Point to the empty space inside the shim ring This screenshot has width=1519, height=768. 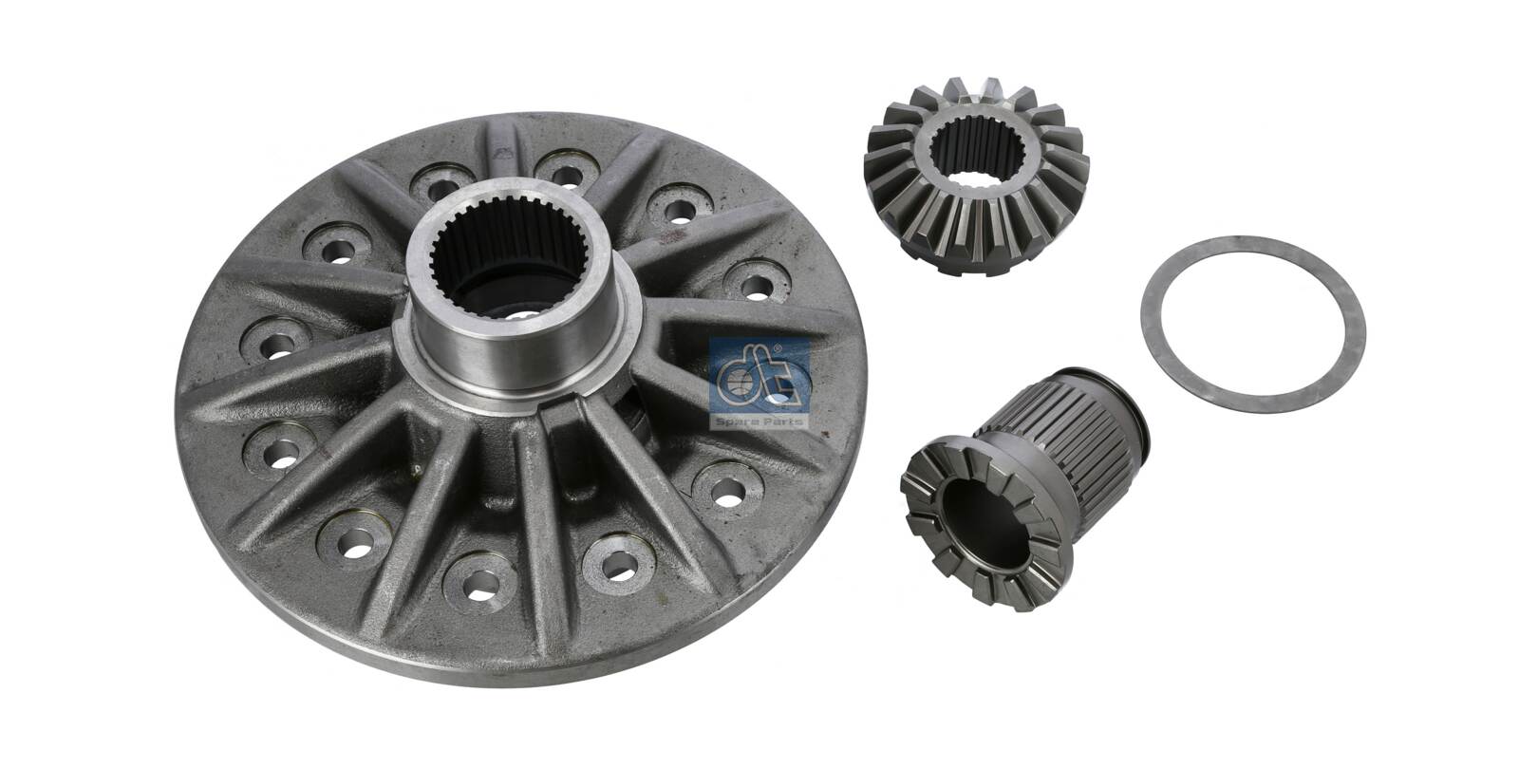coord(1253,323)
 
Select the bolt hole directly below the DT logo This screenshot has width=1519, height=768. coord(727,491)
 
